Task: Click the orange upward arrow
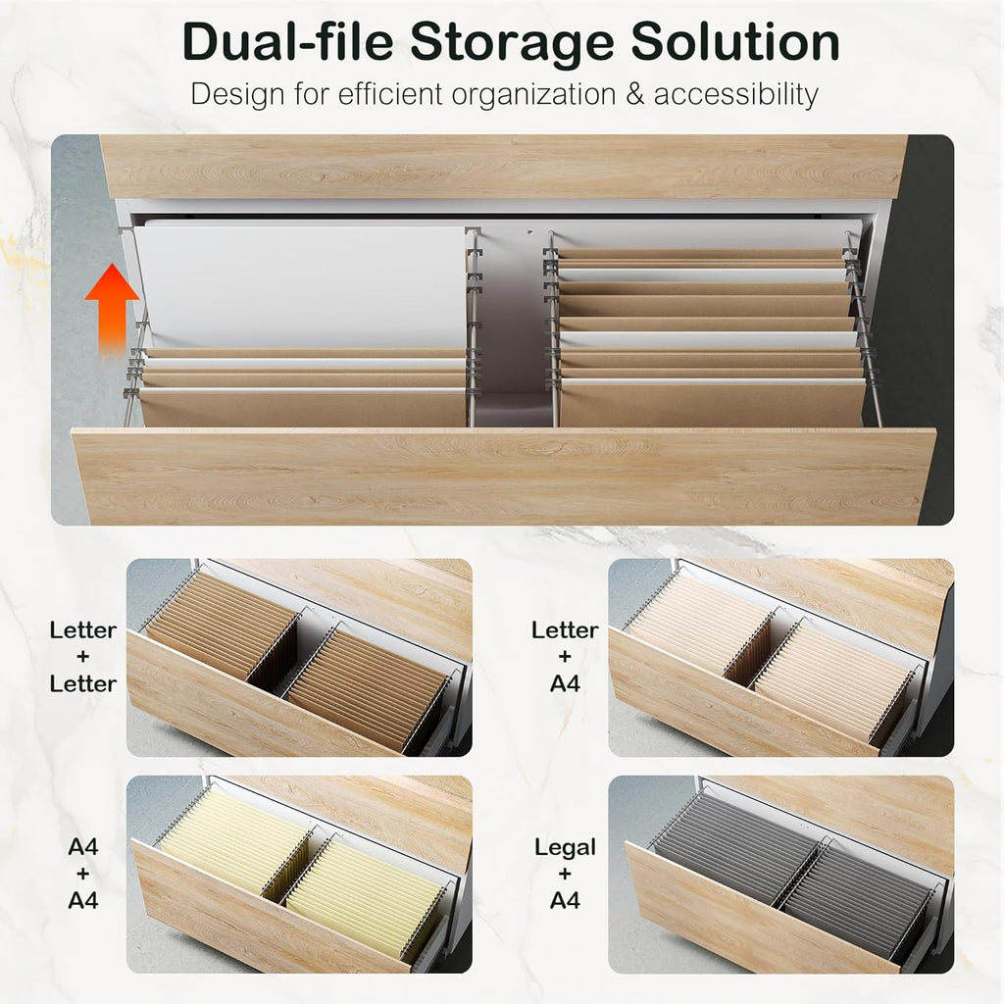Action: pos(112,307)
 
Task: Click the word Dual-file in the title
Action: pos(287,41)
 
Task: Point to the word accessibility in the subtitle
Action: pos(735,95)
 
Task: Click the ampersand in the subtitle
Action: pos(634,94)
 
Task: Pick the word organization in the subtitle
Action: pos(534,95)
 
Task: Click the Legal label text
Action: pos(565,848)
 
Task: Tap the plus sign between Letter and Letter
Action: pos(82,657)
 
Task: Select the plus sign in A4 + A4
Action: pos(82,874)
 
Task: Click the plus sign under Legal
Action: pos(565,874)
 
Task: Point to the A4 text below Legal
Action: pos(565,901)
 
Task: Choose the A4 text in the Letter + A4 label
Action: pos(565,683)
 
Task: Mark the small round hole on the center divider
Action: pos(530,232)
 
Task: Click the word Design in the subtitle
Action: pos(237,95)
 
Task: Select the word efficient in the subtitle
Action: pos(390,94)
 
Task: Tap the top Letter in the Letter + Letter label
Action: pos(82,630)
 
